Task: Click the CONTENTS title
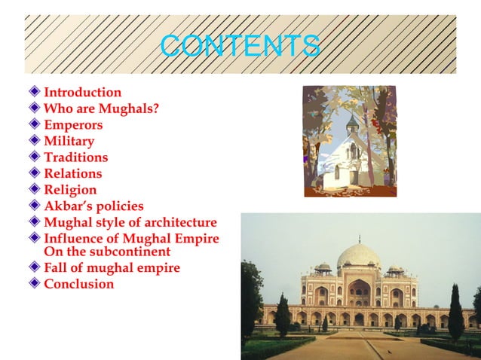click(x=240, y=45)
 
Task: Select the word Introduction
click(x=82, y=93)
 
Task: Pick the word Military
click(x=69, y=141)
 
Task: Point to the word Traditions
click(x=75, y=157)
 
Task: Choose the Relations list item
click(x=72, y=174)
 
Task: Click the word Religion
click(x=70, y=190)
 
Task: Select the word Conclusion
click(x=78, y=284)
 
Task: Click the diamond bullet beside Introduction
click(x=34, y=92)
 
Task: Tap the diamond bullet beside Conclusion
click(x=34, y=283)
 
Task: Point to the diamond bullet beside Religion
click(x=34, y=189)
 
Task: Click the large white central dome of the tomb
click(x=359, y=256)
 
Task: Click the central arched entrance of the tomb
click(x=360, y=294)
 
